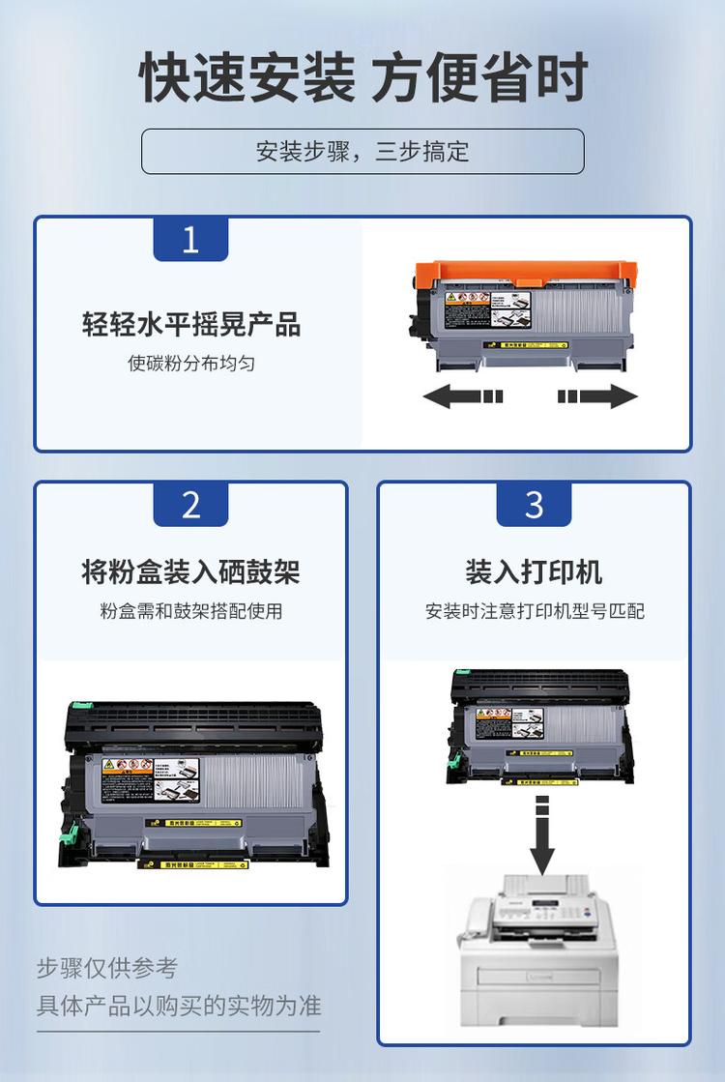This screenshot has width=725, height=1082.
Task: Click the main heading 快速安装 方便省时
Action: tap(362, 77)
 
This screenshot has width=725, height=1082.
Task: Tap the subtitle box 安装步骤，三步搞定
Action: tap(362, 152)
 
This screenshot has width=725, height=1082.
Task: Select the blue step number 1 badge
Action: tap(190, 239)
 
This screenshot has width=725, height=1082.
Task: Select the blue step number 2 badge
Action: tap(190, 504)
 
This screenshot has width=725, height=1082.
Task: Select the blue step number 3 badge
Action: tap(534, 504)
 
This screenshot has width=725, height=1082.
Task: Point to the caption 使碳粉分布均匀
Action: tap(190, 364)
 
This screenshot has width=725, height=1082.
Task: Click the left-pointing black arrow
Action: tap(462, 396)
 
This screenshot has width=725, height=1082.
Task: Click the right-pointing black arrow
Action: tap(598, 396)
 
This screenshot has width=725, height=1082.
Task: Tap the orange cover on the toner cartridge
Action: tap(522, 272)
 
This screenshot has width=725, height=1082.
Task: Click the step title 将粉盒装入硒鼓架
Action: tap(190, 571)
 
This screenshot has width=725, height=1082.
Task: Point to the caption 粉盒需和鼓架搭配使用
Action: tap(190, 611)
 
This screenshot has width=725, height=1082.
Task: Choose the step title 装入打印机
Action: tap(534, 571)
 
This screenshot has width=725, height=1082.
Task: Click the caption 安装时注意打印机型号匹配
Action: tap(534, 611)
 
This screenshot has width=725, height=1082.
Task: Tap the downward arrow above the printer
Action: tap(542, 836)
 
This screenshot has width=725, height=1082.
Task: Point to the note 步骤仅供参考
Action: tap(107, 968)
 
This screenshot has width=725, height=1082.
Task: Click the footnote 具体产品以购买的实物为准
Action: tap(179, 1006)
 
